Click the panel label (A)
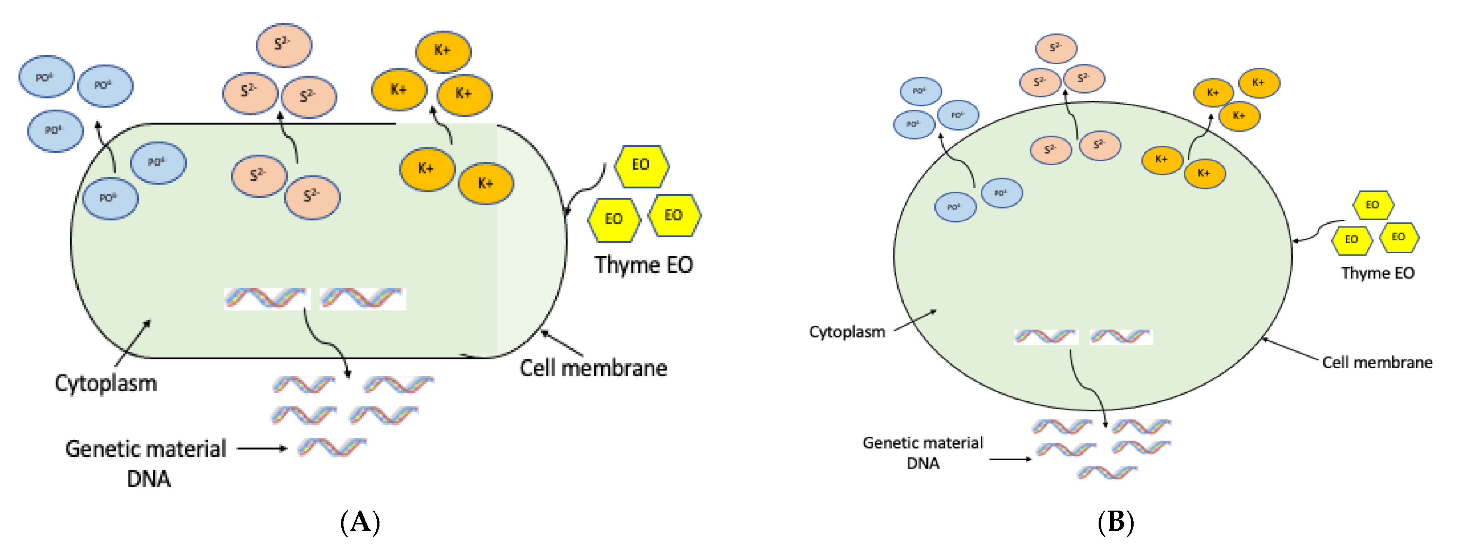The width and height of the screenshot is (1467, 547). click(360, 521)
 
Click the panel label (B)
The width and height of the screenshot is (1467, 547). click(1115, 521)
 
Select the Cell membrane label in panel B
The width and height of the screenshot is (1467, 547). click(1377, 362)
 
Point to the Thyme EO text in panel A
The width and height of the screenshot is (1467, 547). click(644, 265)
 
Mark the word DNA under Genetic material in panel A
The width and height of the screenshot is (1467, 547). click(149, 479)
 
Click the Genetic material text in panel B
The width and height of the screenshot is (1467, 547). click(923, 443)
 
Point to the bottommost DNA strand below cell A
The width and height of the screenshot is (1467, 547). click(333, 447)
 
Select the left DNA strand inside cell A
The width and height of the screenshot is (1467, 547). click(265, 298)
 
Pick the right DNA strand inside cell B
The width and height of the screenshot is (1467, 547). click(1121, 337)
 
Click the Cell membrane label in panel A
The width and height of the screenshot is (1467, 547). click(593, 368)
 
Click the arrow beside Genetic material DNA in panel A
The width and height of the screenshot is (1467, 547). click(262, 448)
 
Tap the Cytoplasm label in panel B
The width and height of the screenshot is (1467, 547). click(847, 332)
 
